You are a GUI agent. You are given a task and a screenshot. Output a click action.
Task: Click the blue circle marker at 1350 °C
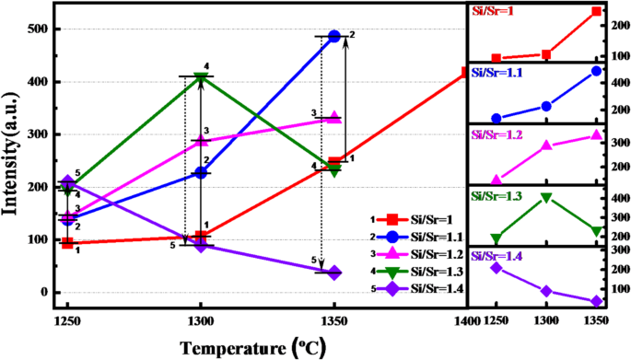coord(334,37)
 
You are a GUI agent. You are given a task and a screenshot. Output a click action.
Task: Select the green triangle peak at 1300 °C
coord(200,77)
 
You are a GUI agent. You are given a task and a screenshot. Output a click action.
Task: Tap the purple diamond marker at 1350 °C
coord(333,273)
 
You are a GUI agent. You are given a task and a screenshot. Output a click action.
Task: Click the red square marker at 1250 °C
coord(67,243)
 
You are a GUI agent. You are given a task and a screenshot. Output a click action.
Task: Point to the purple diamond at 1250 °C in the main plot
coord(67,182)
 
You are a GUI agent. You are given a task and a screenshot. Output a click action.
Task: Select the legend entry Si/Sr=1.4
coord(425,289)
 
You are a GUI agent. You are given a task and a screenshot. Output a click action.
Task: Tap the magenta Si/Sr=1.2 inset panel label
coord(499,134)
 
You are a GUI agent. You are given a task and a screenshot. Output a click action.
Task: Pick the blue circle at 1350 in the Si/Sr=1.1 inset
coord(597,71)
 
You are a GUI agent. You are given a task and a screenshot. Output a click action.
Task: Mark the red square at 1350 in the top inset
coord(597,11)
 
